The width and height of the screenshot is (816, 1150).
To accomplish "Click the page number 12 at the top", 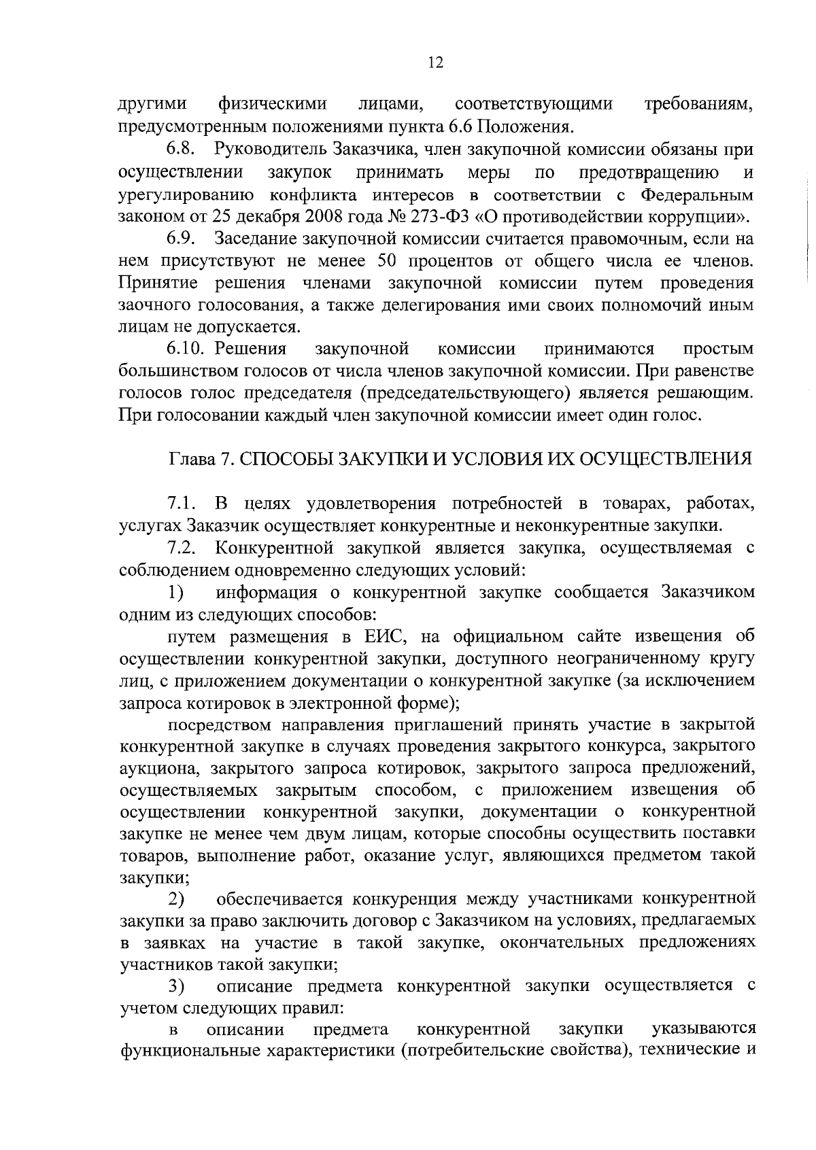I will click(x=436, y=63).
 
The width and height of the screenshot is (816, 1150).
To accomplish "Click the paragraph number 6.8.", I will click(x=182, y=149).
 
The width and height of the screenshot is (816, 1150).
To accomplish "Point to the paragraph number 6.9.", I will click(x=182, y=239).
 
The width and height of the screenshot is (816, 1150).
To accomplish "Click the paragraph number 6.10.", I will click(x=186, y=349).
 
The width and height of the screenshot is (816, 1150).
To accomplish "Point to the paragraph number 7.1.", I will click(x=182, y=504).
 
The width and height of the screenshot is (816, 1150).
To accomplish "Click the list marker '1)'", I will click(x=176, y=593).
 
